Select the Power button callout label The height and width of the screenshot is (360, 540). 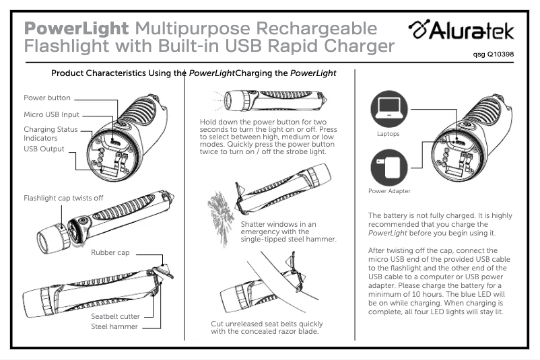tap(47, 98)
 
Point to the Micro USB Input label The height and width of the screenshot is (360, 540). tap(52, 114)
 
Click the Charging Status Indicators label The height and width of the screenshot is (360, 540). tap(50, 133)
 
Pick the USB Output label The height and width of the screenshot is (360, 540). tap(44, 149)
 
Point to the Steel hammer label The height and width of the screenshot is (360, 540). tap(114, 327)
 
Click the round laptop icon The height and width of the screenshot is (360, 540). tap(388, 108)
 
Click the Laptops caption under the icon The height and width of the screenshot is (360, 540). tap(388, 134)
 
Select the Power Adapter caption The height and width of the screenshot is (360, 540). tap(389, 191)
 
